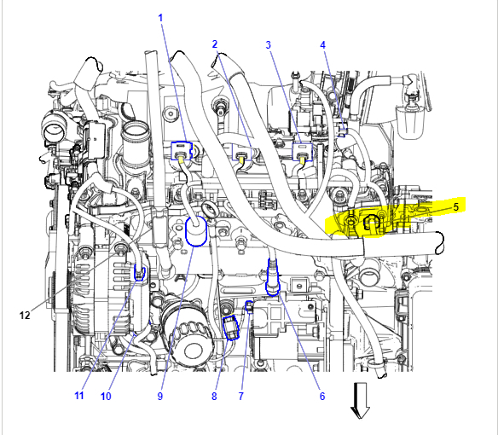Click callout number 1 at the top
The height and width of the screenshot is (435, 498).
point(160,18)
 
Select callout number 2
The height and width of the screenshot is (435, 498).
point(215,44)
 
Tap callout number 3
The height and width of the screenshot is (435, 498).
point(269,45)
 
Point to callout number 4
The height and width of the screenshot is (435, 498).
point(322,45)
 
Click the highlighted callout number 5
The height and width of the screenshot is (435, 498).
point(455,207)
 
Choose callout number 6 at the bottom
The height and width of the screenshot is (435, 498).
point(322,397)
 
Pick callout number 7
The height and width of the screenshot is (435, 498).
point(241,397)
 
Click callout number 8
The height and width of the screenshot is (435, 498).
point(214,397)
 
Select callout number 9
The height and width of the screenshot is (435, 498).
point(160,397)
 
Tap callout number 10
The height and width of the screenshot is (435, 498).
point(106,397)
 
